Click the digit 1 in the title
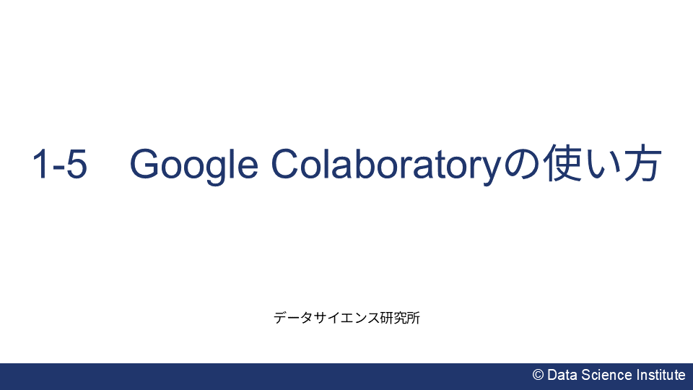[x=41, y=165]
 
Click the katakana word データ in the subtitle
[x=291, y=317]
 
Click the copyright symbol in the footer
[x=538, y=375]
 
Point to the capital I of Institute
[x=638, y=375]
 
